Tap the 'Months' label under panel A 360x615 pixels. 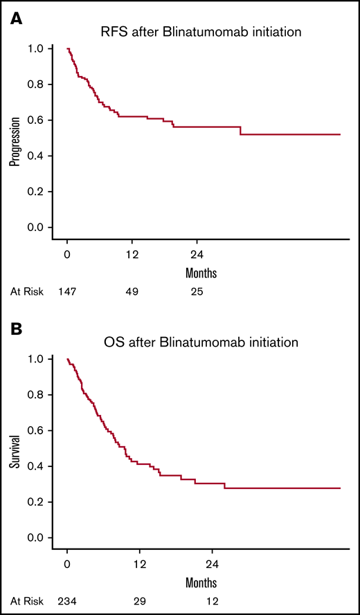point(201,273)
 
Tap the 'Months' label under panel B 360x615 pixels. point(201,582)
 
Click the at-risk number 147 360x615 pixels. point(67,292)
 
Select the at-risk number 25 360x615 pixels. point(197,292)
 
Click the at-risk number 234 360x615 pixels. point(67,601)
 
